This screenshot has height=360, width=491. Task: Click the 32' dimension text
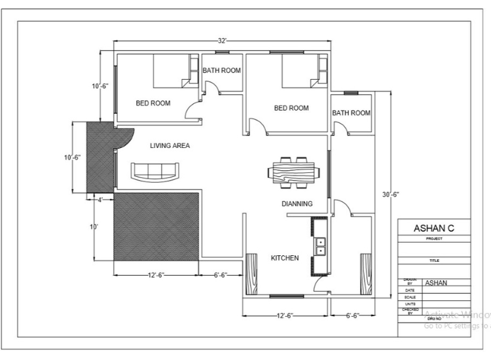click(223, 41)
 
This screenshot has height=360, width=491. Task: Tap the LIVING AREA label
click(170, 145)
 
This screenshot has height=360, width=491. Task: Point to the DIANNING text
click(297, 204)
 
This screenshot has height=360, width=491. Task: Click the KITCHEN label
click(285, 258)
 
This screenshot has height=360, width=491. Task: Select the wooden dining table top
click(294, 173)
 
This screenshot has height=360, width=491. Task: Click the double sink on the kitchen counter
click(321, 245)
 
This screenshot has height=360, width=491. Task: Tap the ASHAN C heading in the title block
click(434, 228)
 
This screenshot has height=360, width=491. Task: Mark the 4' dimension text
click(100, 200)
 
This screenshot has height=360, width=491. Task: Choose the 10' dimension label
click(94, 226)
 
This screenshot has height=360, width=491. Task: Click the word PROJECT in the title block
click(434, 239)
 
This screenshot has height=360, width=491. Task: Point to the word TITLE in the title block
click(434, 260)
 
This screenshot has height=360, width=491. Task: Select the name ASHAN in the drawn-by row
click(437, 283)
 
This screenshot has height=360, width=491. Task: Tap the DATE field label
click(410, 290)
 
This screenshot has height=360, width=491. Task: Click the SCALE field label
click(410, 297)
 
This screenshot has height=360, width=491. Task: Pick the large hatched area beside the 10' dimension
click(156, 225)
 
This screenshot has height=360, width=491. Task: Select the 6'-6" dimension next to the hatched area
click(220, 276)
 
